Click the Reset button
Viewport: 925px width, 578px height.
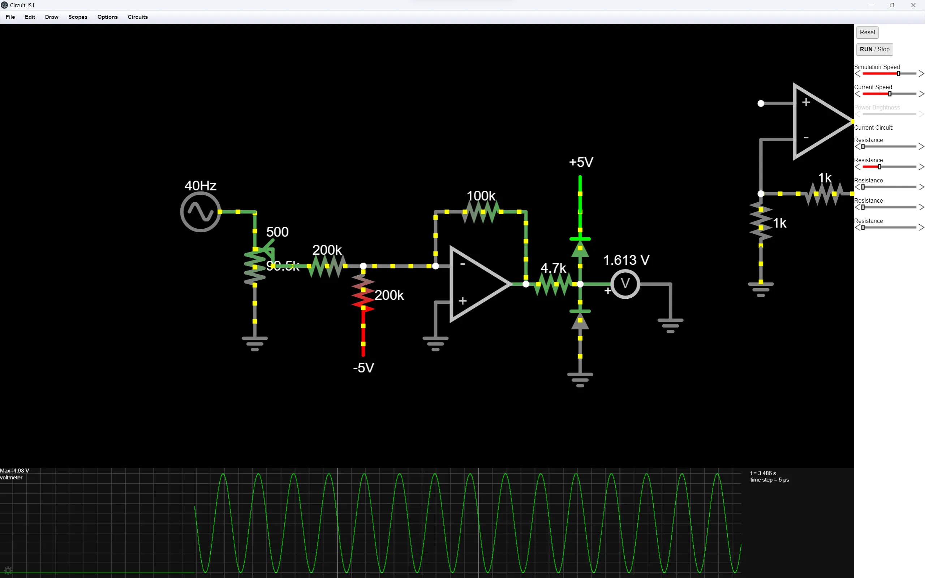tap(867, 33)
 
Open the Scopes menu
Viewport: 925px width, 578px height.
tap(78, 17)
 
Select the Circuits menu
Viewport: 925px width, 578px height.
tap(138, 17)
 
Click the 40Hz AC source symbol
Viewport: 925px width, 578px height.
tap(200, 212)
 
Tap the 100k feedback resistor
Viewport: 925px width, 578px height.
tap(481, 212)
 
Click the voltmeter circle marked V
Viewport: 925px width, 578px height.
tap(625, 284)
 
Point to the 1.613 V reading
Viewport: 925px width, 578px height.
tap(626, 260)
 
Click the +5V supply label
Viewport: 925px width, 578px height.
tap(581, 162)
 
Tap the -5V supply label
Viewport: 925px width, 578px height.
tap(363, 368)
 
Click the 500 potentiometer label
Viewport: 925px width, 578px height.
tap(277, 232)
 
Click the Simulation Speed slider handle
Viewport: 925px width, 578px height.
tap(898, 73)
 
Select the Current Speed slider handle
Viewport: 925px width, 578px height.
tap(890, 94)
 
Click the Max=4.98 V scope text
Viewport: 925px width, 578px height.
tap(15, 471)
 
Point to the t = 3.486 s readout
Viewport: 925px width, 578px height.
tap(763, 473)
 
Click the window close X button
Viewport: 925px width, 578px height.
tap(913, 5)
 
